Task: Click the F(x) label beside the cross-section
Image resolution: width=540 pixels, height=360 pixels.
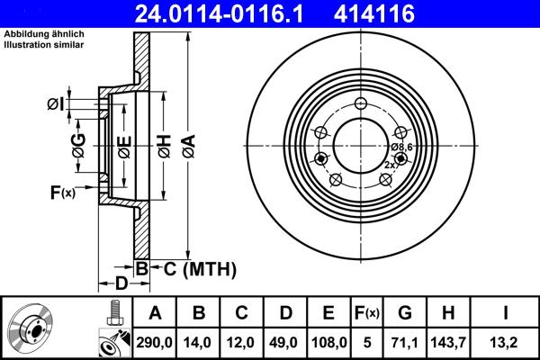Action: pos(63,191)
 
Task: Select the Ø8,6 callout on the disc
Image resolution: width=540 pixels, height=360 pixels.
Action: pos(400,147)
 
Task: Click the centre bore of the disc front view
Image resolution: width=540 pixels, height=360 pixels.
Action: pos(358,143)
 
